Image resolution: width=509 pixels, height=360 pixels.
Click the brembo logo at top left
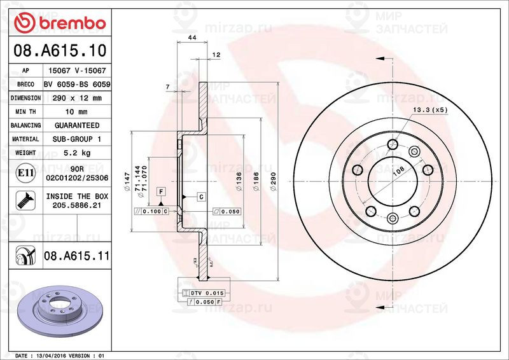coord(59,24)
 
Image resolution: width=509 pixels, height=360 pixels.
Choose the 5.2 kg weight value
coord(76,153)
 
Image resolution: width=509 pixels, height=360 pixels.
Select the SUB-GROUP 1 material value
coord(76,139)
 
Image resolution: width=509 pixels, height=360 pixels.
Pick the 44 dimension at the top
coord(191,39)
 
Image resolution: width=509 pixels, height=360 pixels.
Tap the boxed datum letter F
coord(162,191)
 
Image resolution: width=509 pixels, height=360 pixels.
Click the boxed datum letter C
coord(200,197)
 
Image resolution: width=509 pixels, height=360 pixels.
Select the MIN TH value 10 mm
coord(76,112)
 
